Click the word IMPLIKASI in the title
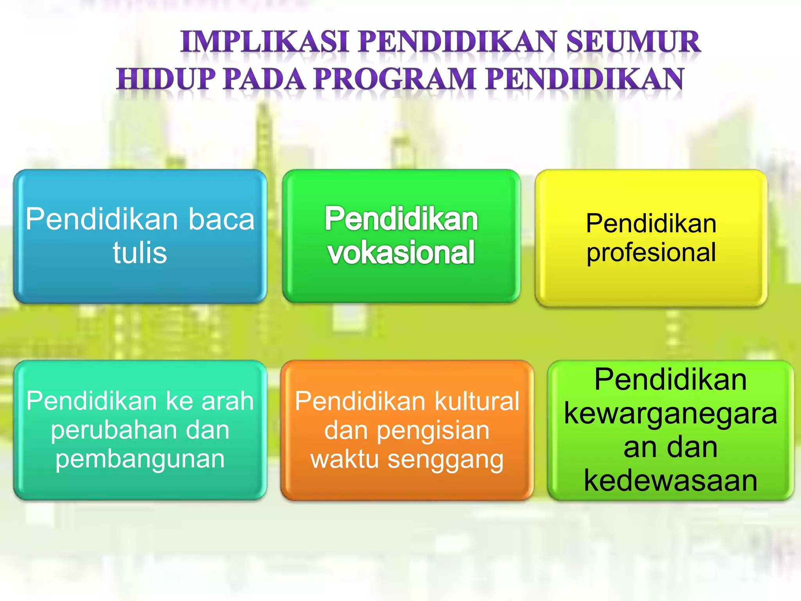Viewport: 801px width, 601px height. [x=264, y=42]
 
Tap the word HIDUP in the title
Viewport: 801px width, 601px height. [x=166, y=79]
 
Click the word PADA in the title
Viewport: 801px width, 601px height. [x=264, y=79]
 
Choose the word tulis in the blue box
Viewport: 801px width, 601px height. [x=140, y=253]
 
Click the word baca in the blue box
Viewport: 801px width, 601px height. [x=221, y=219]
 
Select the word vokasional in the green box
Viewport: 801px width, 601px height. [x=401, y=253]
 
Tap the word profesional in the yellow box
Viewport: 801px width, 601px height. [x=651, y=252]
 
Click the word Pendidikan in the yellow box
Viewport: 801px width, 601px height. [x=651, y=223]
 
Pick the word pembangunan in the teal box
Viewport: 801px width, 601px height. [x=140, y=459]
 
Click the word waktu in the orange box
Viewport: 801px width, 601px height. [x=344, y=459]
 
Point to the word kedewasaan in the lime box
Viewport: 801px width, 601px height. [x=670, y=481]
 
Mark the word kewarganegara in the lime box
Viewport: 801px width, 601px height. [x=670, y=414]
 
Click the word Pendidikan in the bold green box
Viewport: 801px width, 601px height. [x=401, y=219]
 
